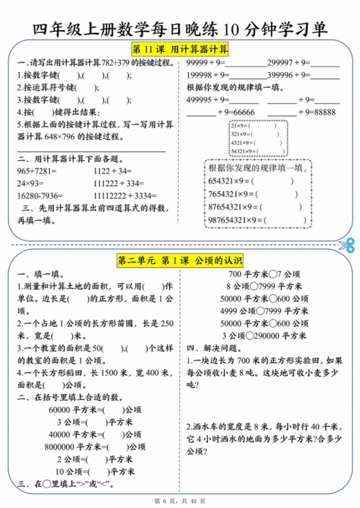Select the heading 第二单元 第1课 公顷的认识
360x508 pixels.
tap(179, 261)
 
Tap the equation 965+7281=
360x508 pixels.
tap(37, 171)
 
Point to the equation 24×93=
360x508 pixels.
tap(31, 183)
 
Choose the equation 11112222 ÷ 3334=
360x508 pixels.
tap(125, 195)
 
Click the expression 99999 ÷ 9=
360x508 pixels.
tap(206, 63)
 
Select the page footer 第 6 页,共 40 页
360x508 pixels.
tap(179, 501)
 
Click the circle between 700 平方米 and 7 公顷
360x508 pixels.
tap(272, 274)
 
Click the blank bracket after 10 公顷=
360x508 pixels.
tap(99, 471)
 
